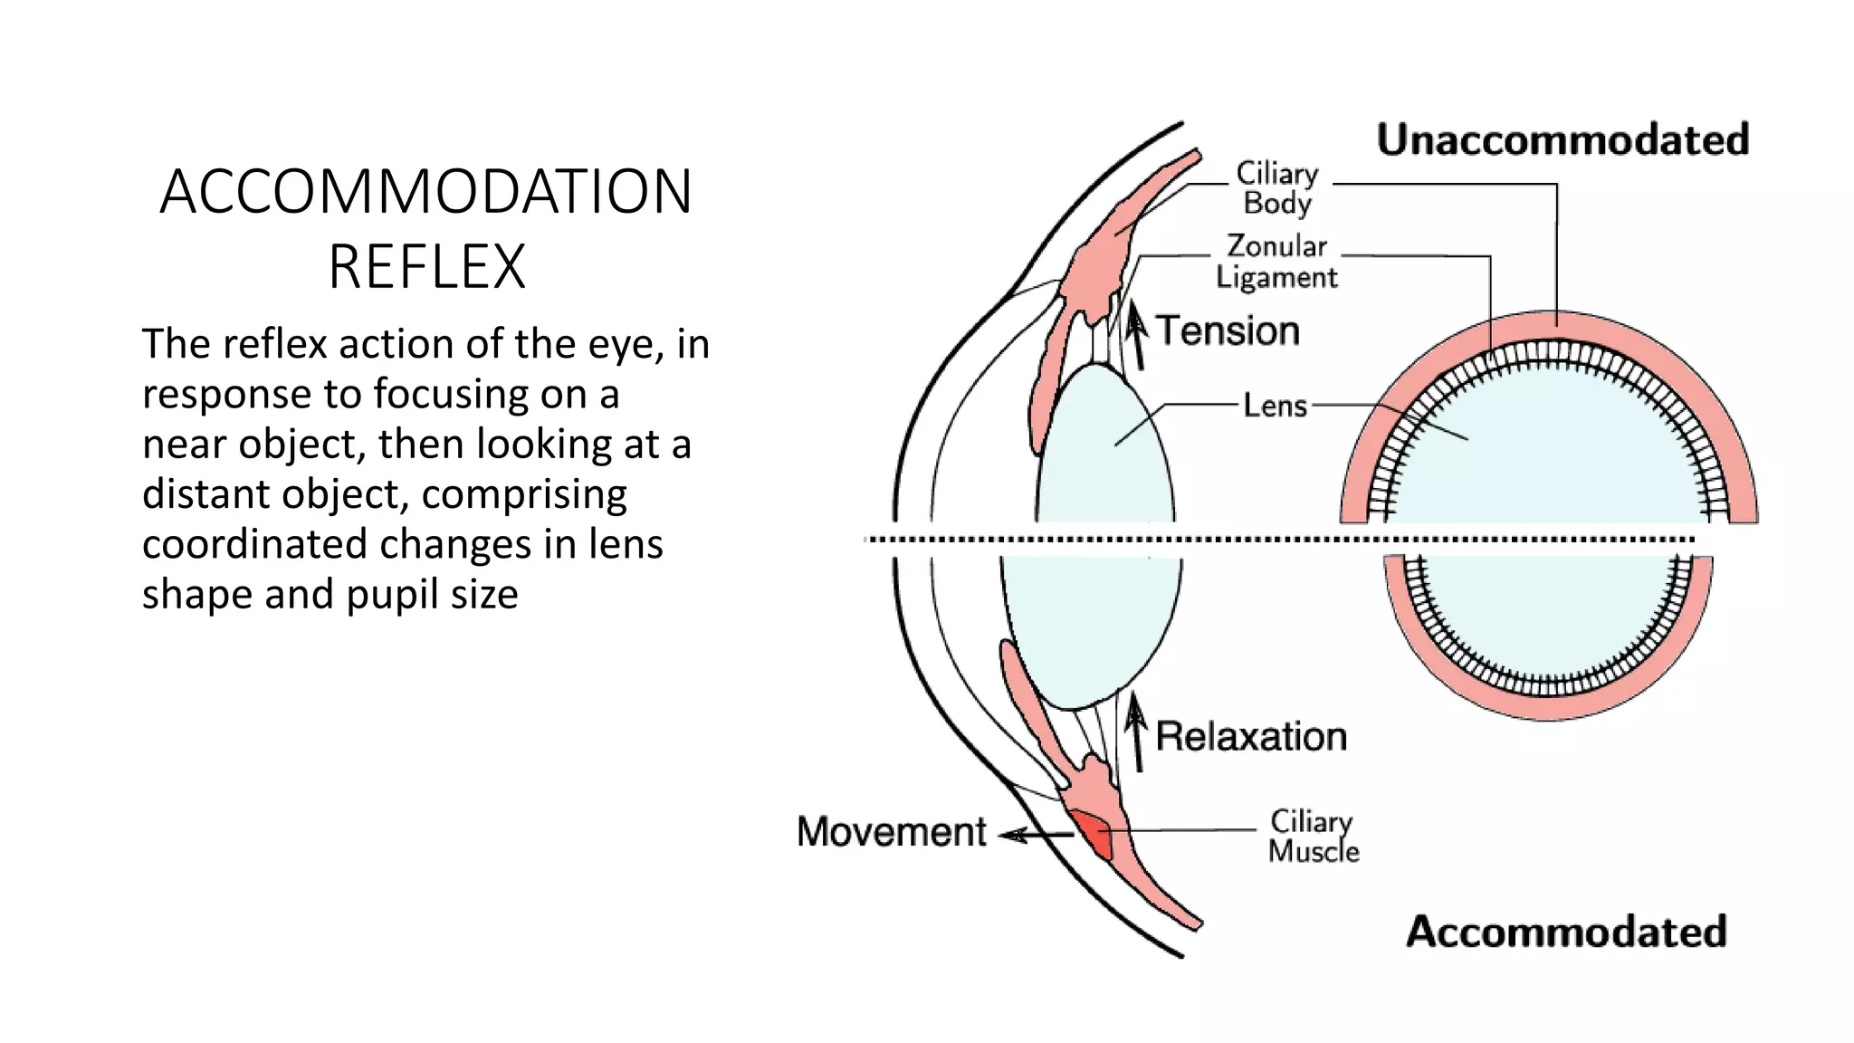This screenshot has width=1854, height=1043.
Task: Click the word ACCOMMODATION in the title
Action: coord(425,192)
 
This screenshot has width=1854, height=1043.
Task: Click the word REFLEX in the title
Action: coord(426,267)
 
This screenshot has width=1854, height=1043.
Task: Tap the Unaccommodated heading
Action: coord(1563,139)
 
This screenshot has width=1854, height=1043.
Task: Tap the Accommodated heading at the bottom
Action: coord(1566,932)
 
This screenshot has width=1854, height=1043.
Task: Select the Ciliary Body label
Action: coord(1277,187)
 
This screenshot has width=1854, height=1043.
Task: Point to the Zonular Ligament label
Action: coord(1276,261)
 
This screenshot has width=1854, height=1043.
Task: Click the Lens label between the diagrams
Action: coord(1275,405)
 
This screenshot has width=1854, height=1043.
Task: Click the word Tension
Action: coord(1228,330)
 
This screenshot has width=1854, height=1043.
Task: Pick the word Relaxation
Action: coord(1251,736)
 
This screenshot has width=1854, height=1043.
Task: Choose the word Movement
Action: coord(892,831)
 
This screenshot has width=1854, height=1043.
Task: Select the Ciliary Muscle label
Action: coord(1313,836)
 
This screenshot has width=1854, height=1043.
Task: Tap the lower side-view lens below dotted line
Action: coord(1091,625)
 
